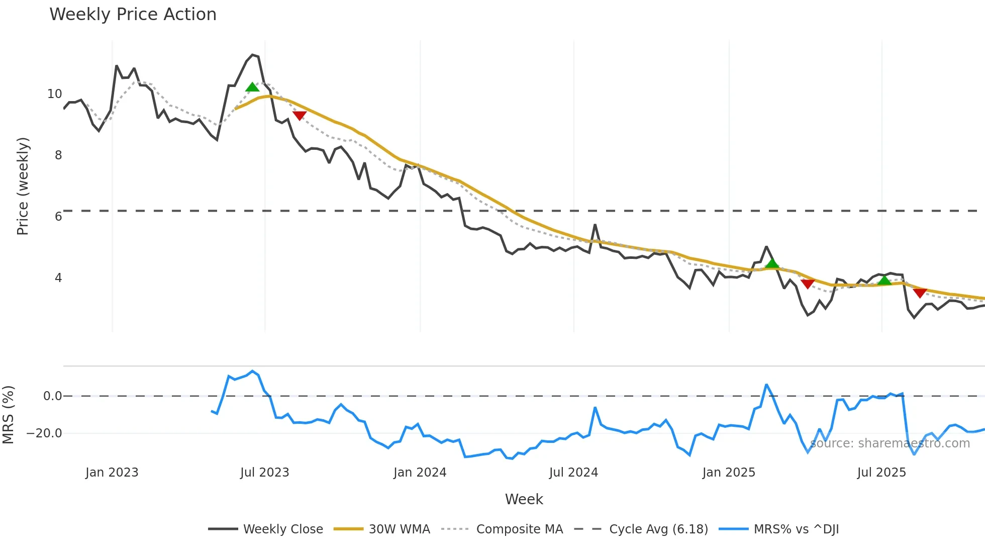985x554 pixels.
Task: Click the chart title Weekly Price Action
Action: tap(133, 15)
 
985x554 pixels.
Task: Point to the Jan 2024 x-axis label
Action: tap(420, 473)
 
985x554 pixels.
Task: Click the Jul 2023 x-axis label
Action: tap(264, 473)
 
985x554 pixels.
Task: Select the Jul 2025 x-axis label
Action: tap(881, 473)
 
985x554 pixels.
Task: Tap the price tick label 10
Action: tap(54, 94)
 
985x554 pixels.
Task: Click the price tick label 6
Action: tap(58, 217)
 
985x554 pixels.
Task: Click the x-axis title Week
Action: tap(524, 499)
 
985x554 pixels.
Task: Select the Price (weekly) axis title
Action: tap(23, 186)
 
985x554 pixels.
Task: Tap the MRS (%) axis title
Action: tap(8, 415)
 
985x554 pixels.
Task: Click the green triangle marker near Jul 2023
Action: tap(252, 87)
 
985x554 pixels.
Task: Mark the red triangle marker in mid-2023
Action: tap(300, 116)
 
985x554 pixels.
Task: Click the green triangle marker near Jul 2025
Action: tap(884, 280)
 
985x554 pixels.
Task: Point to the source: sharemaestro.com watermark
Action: tap(890, 443)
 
